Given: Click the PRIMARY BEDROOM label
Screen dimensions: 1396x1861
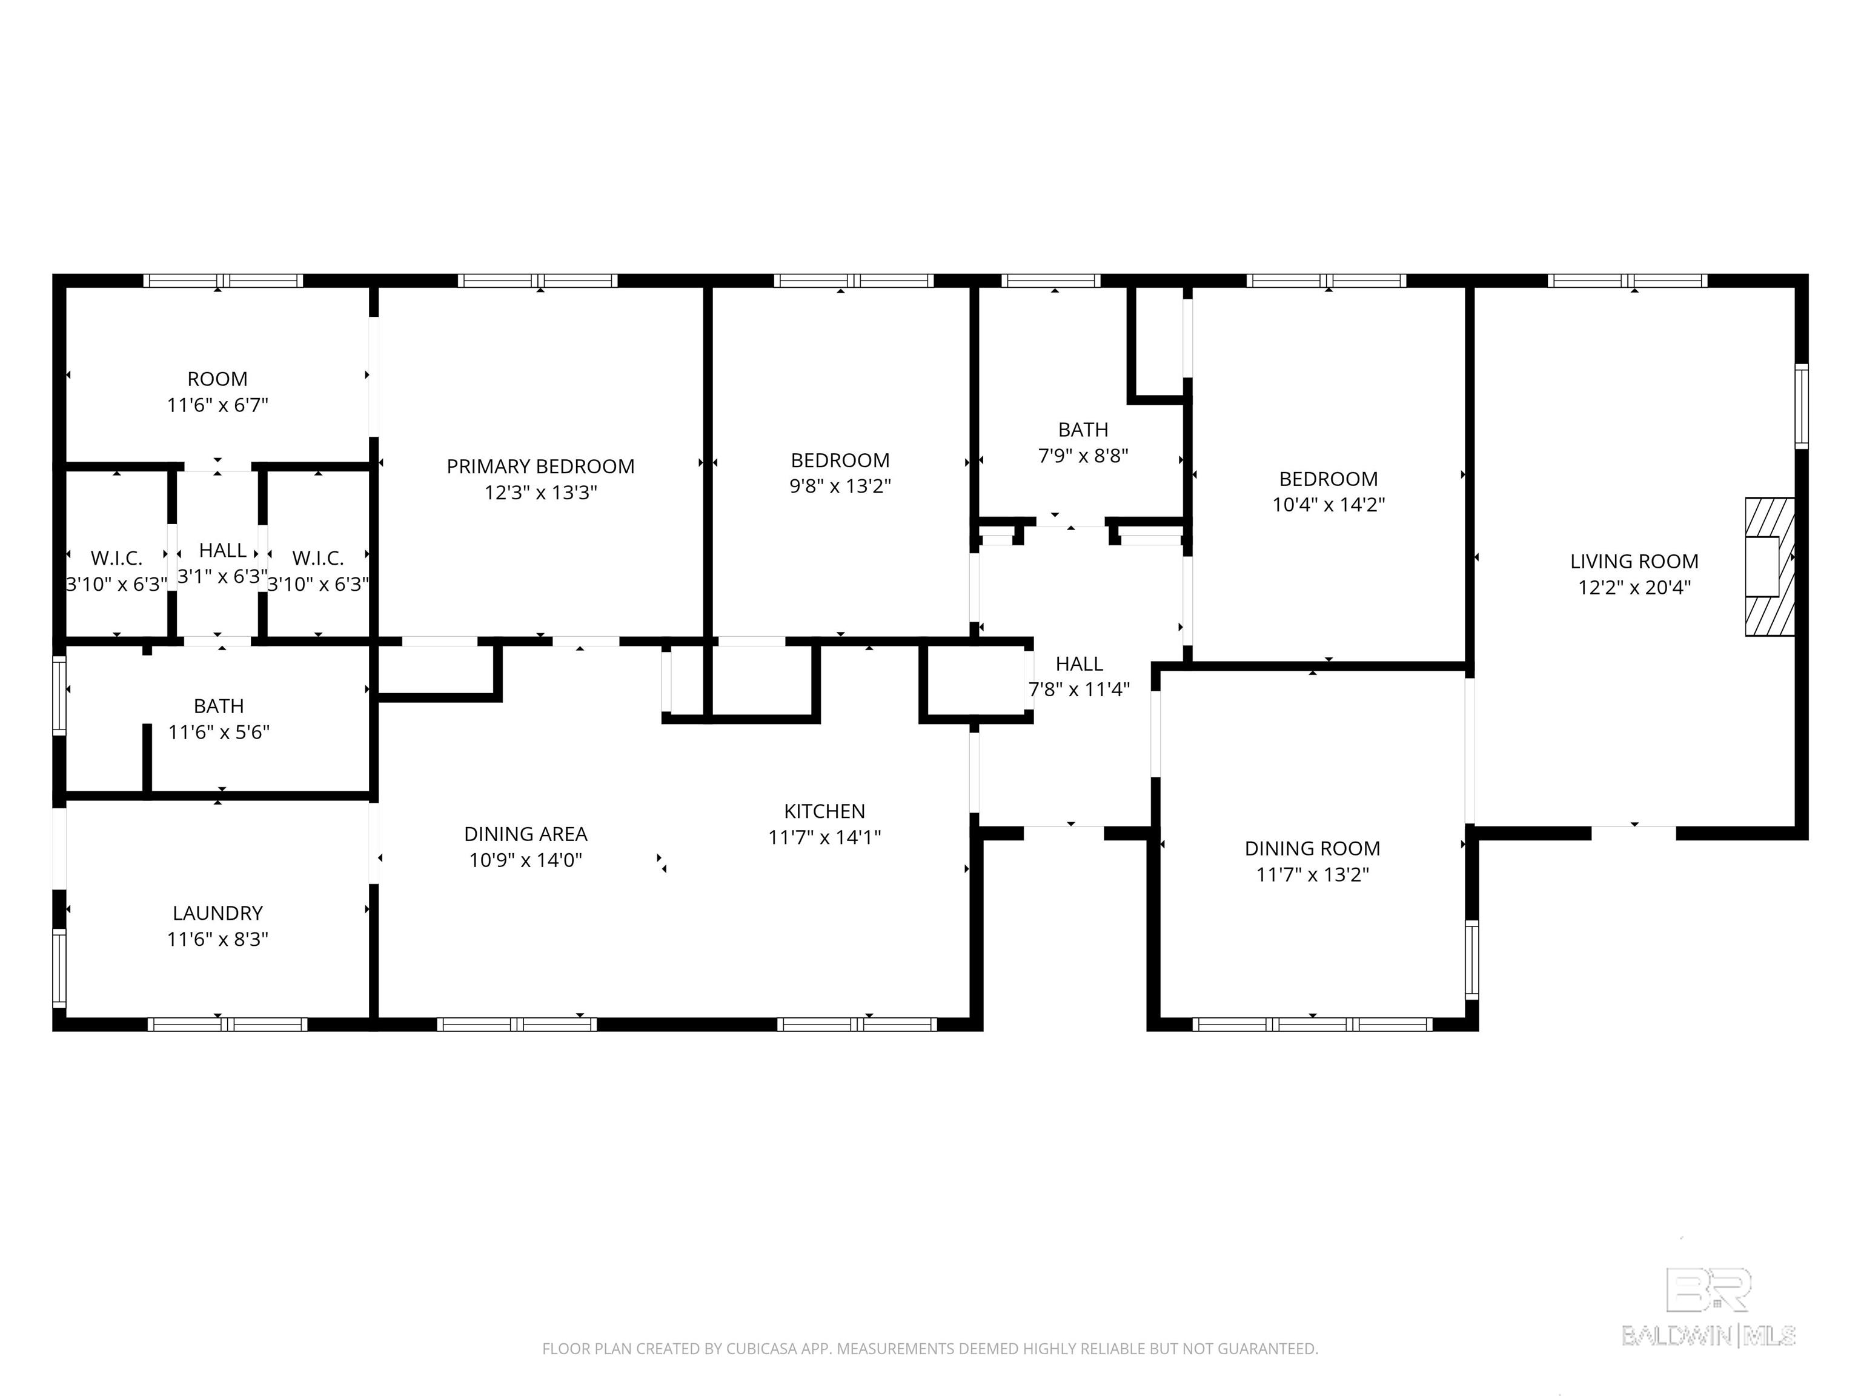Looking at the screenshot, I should pyautogui.click(x=540, y=466).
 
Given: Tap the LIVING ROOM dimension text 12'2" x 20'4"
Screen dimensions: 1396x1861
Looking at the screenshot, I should pyautogui.click(x=1634, y=587).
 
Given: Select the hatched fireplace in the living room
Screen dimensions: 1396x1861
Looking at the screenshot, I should pyautogui.click(x=1770, y=567).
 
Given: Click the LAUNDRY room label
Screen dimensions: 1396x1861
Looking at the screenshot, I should pyautogui.click(x=217, y=913).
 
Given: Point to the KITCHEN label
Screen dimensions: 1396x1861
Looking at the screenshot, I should pyautogui.click(x=824, y=811).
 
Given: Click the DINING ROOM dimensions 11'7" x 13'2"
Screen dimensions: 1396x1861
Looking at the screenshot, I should pyautogui.click(x=1312, y=874).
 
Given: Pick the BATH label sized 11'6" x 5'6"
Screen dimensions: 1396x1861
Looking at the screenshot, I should pyautogui.click(x=219, y=706).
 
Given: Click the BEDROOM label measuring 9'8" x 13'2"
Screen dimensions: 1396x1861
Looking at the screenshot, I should pyautogui.click(x=840, y=460).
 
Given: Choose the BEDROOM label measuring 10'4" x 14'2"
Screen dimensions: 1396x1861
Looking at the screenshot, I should pyautogui.click(x=1328, y=479).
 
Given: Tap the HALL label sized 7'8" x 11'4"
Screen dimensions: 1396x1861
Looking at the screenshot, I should pyautogui.click(x=1078, y=664).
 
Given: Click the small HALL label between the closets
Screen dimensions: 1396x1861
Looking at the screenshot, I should pyautogui.click(x=222, y=550).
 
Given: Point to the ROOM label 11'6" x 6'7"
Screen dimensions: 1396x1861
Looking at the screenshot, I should pyautogui.click(x=217, y=379).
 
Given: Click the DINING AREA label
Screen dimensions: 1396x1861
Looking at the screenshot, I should pyautogui.click(x=525, y=834).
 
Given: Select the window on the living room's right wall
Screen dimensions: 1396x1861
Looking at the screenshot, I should pyautogui.click(x=1801, y=407).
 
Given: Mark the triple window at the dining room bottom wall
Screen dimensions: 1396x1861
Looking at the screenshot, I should pyautogui.click(x=1312, y=1024).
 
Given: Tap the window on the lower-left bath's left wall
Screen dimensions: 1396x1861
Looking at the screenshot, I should pyautogui.click(x=59, y=695).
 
